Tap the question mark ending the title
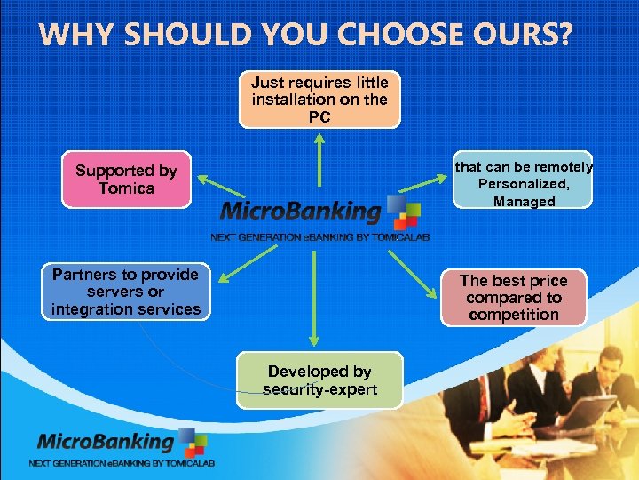tap(564, 36)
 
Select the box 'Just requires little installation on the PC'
tap(319, 100)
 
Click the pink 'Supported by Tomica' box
tap(126, 180)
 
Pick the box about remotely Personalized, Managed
tap(524, 184)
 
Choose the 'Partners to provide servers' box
tap(126, 292)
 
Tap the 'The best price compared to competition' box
tap(513, 298)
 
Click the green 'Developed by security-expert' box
tap(319, 380)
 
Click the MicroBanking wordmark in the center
tap(300, 212)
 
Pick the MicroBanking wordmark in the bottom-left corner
tap(105, 442)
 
